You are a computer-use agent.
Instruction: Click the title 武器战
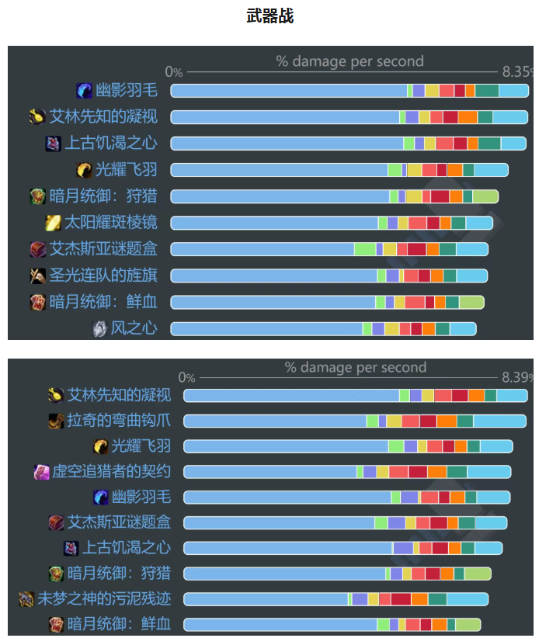tap(269, 16)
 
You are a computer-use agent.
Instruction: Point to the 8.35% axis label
tap(518, 71)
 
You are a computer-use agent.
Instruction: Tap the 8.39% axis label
tap(518, 377)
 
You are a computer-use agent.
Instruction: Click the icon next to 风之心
tap(99, 328)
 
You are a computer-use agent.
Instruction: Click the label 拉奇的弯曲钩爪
tap(119, 421)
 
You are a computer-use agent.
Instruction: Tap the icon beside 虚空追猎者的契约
tap(42, 472)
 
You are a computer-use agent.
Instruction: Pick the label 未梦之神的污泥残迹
tap(104, 598)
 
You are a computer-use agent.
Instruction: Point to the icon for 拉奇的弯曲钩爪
tap(56, 421)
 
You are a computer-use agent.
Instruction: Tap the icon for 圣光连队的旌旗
tap(38, 276)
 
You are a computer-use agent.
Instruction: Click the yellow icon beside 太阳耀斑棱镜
tap(54, 223)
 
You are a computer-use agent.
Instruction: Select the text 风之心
tap(134, 328)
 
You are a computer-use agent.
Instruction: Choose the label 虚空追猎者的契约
tap(111, 472)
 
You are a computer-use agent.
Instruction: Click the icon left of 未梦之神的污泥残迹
tap(26, 598)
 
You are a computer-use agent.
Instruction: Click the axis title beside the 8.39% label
tap(355, 367)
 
